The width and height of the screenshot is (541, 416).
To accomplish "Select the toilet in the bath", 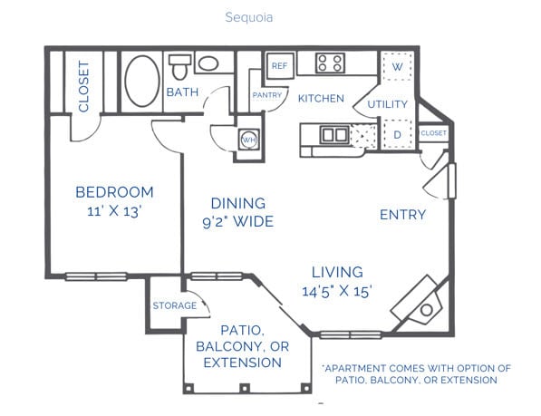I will [x=179, y=66].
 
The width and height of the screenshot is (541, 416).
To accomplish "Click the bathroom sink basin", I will [x=208, y=64].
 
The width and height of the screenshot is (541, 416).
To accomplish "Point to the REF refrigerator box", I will [x=279, y=66].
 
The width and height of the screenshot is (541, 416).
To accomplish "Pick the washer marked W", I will [x=396, y=67].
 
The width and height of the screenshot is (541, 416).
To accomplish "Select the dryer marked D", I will [x=396, y=135].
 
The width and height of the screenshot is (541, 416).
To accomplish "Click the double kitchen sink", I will [x=333, y=135].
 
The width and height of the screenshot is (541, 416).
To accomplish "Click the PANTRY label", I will [x=267, y=94].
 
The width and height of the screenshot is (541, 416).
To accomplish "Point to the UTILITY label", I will [x=387, y=105].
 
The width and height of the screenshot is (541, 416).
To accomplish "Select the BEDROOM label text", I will [x=114, y=192].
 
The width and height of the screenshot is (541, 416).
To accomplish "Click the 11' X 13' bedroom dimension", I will [x=114, y=211].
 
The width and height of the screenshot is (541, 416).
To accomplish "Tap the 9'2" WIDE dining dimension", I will [x=237, y=221].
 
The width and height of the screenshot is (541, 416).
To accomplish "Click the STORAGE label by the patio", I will [x=174, y=305].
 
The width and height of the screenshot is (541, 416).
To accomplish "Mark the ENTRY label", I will [x=402, y=215].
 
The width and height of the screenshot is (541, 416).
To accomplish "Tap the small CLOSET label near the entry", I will [x=433, y=133].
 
